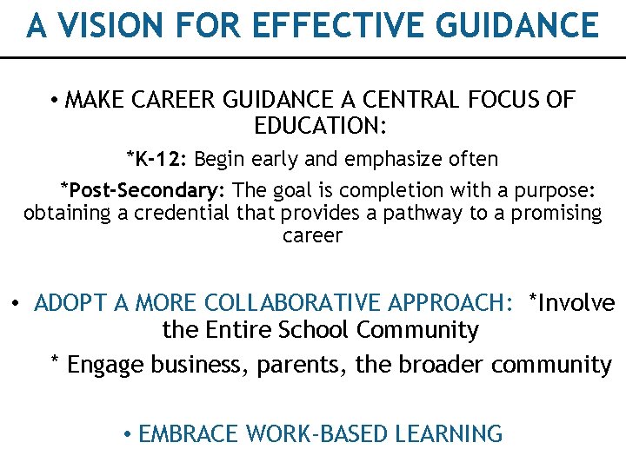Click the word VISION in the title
[103, 26]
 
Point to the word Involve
[577, 303]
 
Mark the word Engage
[105, 365]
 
